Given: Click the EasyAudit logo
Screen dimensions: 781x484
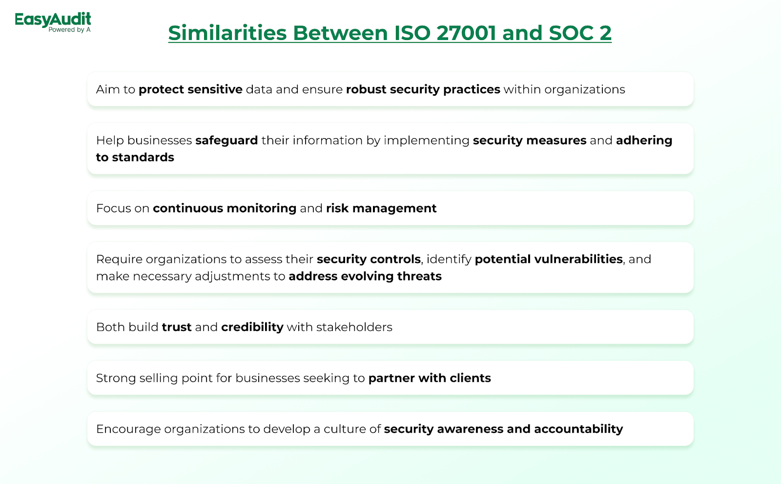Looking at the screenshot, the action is click(53, 22).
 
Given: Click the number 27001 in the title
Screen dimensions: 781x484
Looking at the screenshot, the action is click(466, 33).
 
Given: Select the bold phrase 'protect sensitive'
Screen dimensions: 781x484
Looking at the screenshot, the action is click(190, 89).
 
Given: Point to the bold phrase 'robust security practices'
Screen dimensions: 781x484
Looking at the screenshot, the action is click(423, 89).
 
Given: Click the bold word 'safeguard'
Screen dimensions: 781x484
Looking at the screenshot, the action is click(226, 140).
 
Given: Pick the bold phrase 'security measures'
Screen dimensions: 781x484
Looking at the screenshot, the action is click(530, 140).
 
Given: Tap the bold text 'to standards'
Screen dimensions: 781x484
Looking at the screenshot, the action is click(135, 157).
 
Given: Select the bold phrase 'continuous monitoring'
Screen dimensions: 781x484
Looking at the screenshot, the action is click(225, 209).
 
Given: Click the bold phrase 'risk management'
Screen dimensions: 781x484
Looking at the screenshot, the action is click(381, 209).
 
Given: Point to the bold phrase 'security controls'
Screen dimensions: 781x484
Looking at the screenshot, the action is click(369, 259).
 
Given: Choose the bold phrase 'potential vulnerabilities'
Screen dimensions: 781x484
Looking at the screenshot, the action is click(549, 259).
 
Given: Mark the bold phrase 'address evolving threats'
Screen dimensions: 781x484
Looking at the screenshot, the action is click(365, 276).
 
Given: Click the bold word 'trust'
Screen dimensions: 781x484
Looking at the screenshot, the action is click(177, 327).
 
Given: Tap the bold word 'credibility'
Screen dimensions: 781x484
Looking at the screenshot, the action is click(252, 327).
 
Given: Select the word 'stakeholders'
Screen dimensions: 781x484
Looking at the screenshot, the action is click(354, 327).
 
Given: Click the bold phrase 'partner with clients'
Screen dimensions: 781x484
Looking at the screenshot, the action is click(430, 379).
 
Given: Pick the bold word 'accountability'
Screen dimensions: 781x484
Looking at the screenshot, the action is click(578, 429).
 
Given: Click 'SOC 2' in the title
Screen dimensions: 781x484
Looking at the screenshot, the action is click(580, 33).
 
